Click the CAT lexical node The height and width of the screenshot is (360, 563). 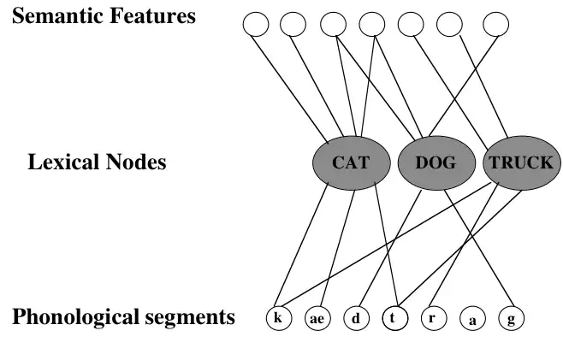[x=350, y=162]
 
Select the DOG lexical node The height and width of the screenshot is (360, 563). [x=436, y=162]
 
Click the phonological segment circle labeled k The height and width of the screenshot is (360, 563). [x=277, y=318]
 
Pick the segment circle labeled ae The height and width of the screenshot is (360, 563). [x=317, y=318]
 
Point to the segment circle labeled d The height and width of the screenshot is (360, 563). [x=356, y=318]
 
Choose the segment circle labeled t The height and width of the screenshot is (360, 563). [x=394, y=318]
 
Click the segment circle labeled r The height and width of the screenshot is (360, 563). [x=433, y=318]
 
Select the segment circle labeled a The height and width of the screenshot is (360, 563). [x=471, y=319]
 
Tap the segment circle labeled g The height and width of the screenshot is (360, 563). [x=511, y=318]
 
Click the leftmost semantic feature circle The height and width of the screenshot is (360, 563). [x=256, y=24]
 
